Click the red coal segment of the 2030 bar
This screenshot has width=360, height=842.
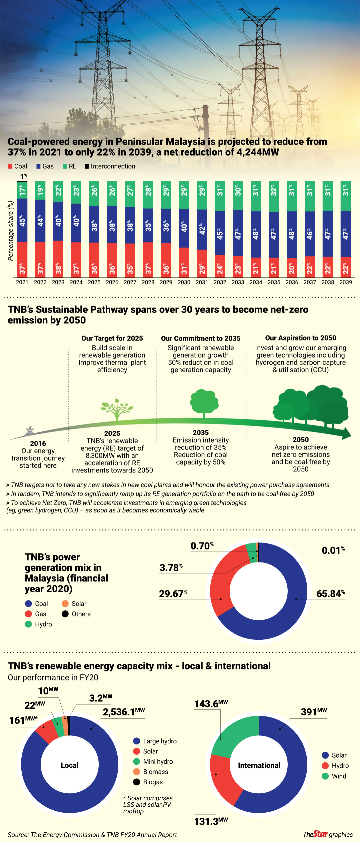(x=184, y=262)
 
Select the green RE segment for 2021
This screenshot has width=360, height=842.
(x=22, y=190)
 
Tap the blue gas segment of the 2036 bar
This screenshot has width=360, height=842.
(x=292, y=235)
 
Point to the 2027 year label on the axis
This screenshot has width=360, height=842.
(x=130, y=282)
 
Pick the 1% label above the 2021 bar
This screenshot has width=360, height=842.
(x=23, y=176)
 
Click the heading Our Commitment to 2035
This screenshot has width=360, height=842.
(x=201, y=338)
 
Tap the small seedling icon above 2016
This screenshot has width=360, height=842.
(x=30, y=430)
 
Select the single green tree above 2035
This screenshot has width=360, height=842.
(x=204, y=403)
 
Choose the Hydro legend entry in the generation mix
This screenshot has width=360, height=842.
(x=39, y=624)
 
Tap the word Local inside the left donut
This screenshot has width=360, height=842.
(x=69, y=765)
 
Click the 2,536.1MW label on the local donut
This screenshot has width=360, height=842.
(x=124, y=712)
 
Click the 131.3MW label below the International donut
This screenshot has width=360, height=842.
(x=211, y=821)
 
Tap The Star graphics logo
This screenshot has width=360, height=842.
(x=328, y=834)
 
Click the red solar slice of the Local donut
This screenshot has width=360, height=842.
(x=46, y=730)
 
